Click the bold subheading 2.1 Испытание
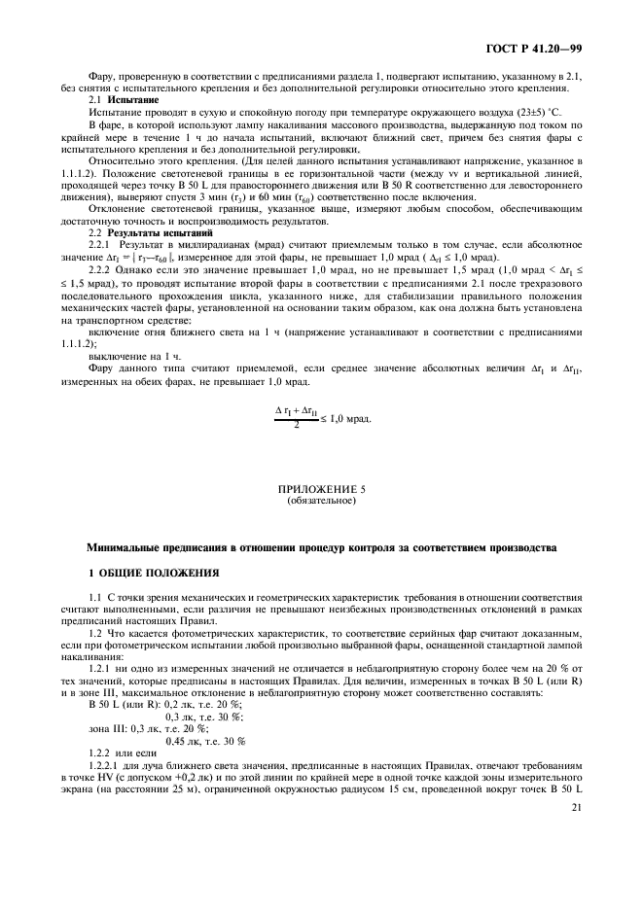point(117,99)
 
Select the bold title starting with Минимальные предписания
point(321,547)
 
